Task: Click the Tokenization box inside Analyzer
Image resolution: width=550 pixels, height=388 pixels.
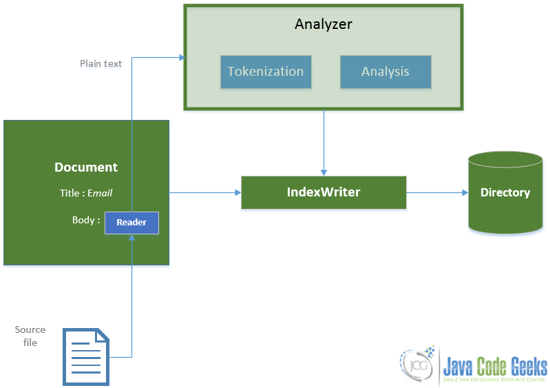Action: tap(265, 72)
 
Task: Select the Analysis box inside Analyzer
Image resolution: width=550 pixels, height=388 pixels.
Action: tap(385, 72)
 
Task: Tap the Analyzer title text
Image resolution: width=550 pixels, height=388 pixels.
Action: tap(324, 24)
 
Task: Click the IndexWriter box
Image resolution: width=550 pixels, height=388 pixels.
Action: tap(324, 192)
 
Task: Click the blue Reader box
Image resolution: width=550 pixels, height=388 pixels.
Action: tap(131, 223)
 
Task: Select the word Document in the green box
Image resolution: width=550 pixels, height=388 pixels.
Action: tap(86, 167)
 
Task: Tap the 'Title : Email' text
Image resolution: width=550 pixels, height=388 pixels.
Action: tap(86, 193)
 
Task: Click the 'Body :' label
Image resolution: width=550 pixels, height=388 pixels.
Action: tap(86, 221)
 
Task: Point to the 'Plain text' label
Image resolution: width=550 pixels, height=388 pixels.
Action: tap(101, 63)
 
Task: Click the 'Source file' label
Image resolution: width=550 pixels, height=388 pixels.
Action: tap(30, 336)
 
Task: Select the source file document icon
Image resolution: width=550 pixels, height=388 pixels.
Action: tap(86, 356)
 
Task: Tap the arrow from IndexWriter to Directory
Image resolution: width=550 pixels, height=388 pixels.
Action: tap(437, 192)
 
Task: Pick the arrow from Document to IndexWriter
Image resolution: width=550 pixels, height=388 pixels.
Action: tap(204, 192)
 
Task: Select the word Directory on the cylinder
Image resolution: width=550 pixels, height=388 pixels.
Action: tap(505, 192)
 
